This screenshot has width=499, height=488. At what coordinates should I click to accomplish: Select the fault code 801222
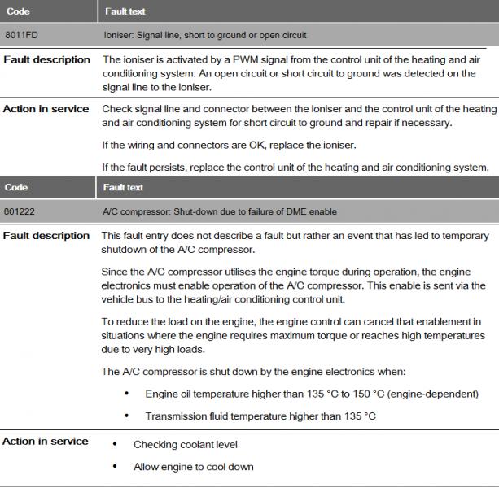pos(19,212)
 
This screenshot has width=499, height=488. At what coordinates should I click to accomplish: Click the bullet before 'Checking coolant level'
pos(113,445)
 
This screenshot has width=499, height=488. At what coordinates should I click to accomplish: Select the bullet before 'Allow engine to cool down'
pos(113,467)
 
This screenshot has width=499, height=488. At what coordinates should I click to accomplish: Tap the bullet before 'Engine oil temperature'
pos(127,394)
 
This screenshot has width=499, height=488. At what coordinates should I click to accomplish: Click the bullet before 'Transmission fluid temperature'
pos(127,416)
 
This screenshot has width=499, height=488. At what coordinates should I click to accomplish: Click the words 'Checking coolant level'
pos(186,445)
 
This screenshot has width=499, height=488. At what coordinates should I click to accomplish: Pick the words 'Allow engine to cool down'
pos(194,467)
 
